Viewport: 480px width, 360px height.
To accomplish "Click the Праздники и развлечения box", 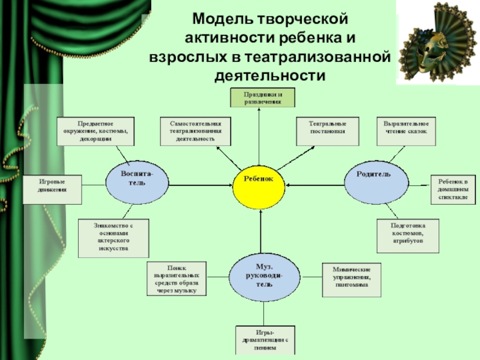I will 262,98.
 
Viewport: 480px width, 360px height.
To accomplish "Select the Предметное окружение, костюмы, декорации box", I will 95,131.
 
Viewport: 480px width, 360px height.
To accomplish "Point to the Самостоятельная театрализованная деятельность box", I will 196,131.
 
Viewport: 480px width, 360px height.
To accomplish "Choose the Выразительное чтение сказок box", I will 406,131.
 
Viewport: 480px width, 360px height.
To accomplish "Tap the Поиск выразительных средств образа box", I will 177,279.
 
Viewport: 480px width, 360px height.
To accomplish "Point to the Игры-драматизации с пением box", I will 265,340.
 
